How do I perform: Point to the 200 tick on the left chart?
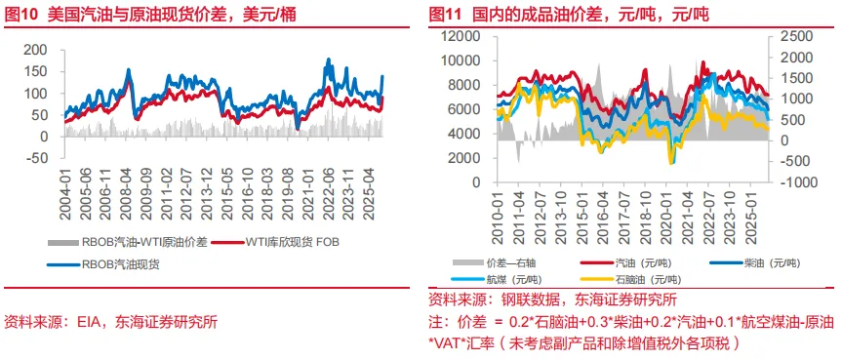tap(36, 50)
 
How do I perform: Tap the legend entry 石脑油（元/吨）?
tap(644, 278)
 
